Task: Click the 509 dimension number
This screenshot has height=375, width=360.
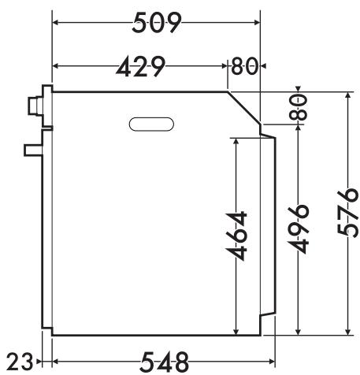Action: pos(157,23)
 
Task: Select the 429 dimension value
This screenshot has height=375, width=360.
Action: pos(141,66)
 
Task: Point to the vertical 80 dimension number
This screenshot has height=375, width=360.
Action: pos(298,107)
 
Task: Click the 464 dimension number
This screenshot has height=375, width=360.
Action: pos(236,236)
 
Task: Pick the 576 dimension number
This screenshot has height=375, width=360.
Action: pos(348,211)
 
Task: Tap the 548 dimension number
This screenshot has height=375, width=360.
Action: pos(165,362)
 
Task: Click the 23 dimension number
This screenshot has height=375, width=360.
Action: pos(20,362)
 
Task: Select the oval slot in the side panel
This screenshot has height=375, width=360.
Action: pos(151,124)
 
